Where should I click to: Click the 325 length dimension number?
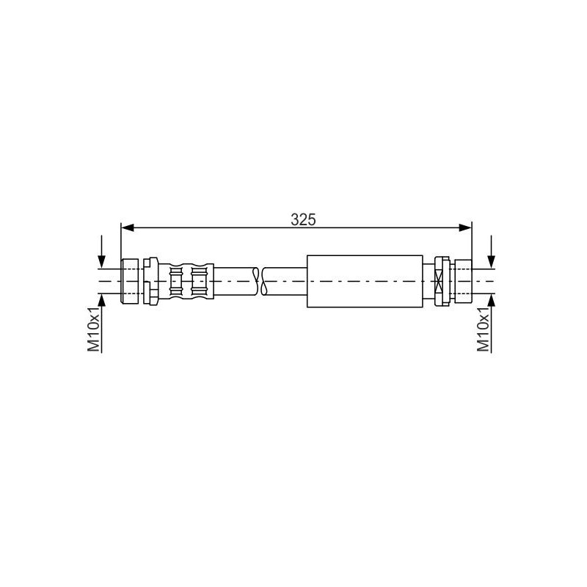tap(302, 219)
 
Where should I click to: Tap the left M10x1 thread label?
tap(94, 329)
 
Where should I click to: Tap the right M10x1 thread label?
tap(484, 329)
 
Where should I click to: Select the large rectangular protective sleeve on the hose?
tap(365, 280)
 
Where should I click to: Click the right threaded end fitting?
tap(462, 280)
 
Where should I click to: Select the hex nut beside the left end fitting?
tap(151, 280)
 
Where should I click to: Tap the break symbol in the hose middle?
tap(258, 280)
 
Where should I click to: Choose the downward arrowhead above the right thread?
tap(491, 263)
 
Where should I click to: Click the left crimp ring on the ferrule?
tap(175, 280)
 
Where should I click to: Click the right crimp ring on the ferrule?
tap(197, 280)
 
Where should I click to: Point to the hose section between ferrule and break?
tap(233, 280)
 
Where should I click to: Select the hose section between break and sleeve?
tap(285, 280)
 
